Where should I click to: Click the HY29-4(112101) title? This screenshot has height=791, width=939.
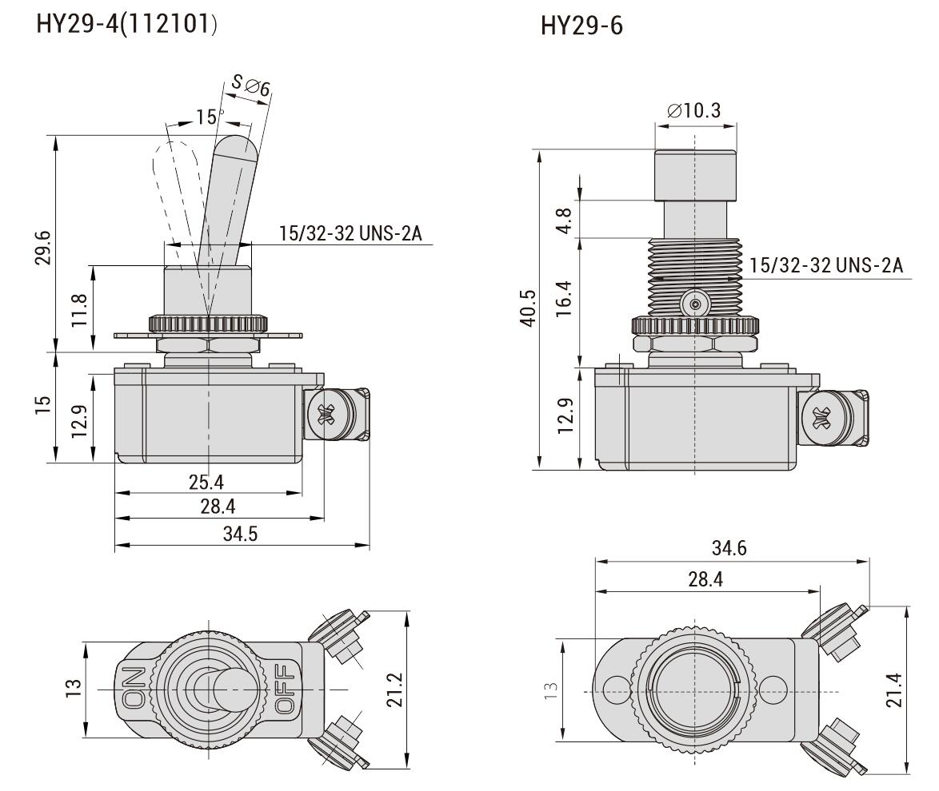click(126, 26)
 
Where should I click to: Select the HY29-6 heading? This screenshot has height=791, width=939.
click(581, 26)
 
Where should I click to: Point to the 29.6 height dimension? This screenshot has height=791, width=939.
click(43, 247)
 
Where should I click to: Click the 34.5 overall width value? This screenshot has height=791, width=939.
click(241, 534)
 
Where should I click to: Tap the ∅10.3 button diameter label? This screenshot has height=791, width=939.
click(693, 110)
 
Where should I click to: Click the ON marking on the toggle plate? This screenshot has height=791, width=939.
click(134, 689)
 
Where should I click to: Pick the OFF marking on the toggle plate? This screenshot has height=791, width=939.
click(284, 689)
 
